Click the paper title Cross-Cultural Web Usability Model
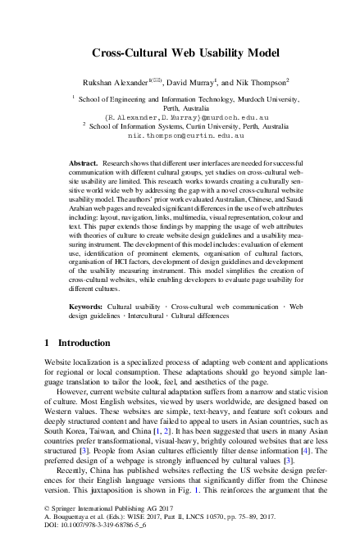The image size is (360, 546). coord(179,52)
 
